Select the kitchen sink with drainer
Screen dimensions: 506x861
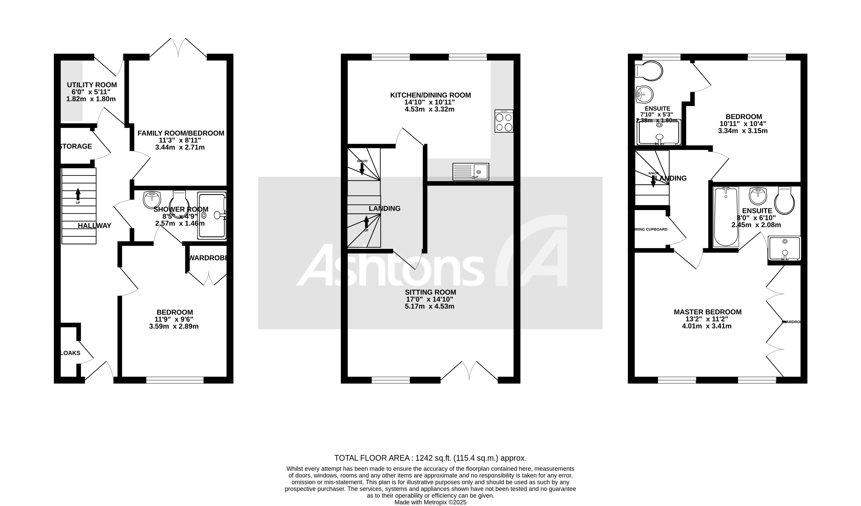point(470,172)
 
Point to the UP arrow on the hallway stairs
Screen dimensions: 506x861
point(78,194)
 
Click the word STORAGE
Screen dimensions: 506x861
point(76,146)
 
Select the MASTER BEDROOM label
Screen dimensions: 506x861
point(708,312)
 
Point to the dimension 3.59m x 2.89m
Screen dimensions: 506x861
point(174,327)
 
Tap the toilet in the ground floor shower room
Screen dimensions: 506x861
point(179,200)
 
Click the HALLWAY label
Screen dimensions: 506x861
point(94,226)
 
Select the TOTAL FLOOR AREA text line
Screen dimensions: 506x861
point(430,458)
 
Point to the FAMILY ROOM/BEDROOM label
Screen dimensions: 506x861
point(181,133)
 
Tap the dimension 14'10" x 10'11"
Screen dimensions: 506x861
point(430,102)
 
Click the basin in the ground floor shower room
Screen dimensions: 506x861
point(152,199)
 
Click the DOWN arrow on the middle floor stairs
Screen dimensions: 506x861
point(362,167)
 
